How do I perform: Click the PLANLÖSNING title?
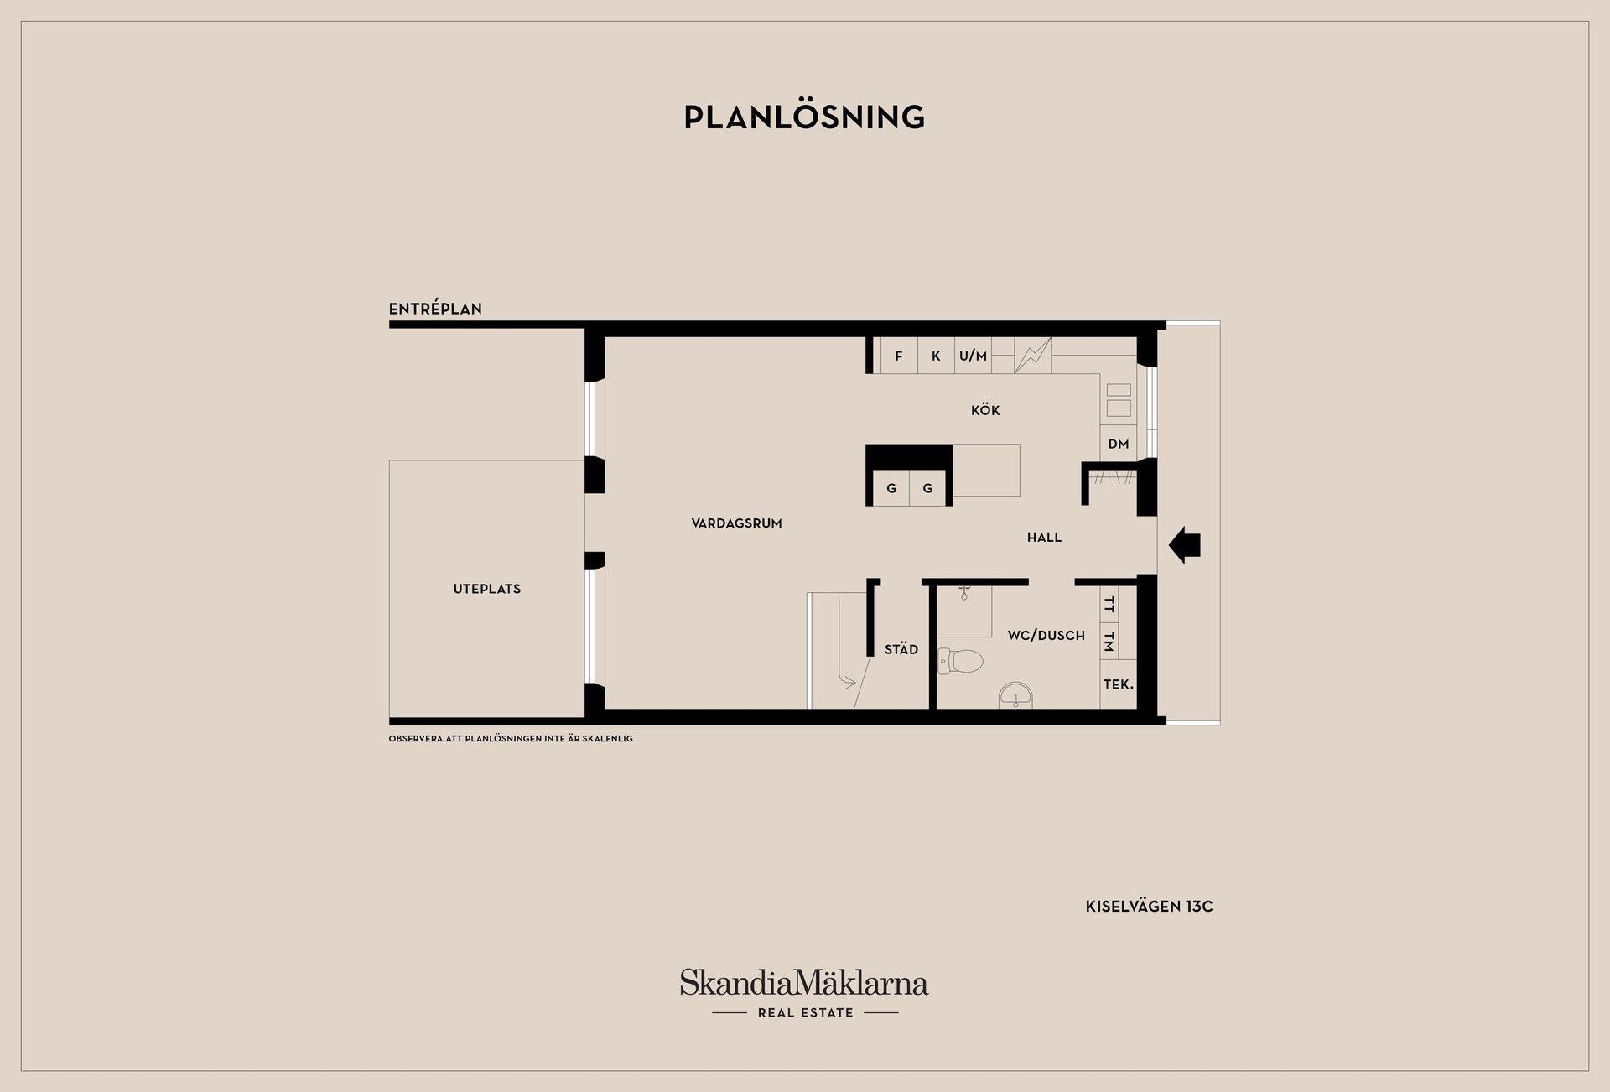(x=804, y=117)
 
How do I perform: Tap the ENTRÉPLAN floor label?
(x=435, y=309)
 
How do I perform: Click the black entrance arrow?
(x=1185, y=545)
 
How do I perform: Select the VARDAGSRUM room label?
(x=736, y=523)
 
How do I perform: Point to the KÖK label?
(x=985, y=410)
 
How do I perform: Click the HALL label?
(x=1044, y=538)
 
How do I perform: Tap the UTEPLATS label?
(x=486, y=589)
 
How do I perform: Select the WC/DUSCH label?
(x=1046, y=636)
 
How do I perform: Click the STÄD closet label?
(x=901, y=649)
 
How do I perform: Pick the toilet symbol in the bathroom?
(x=960, y=661)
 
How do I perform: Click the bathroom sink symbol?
(x=1016, y=695)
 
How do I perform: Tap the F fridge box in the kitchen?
(x=899, y=356)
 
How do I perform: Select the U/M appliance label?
(x=973, y=356)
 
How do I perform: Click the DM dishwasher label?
(x=1119, y=444)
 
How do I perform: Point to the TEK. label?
(x=1119, y=684)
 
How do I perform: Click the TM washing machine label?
(x=1109, y=642)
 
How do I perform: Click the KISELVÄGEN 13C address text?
(x=1149, y=907)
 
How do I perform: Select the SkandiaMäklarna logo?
(x=804, y=993)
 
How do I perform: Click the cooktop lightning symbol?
(x=1032, y=356)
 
